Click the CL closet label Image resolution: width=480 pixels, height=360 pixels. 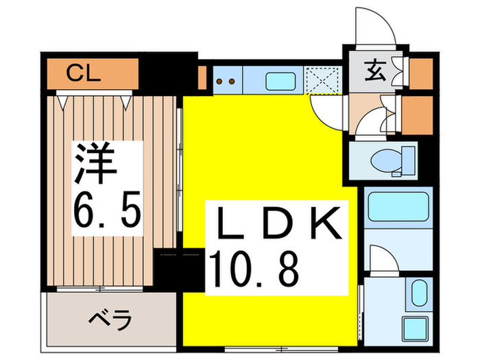pyautogui.click(x=84, y=74)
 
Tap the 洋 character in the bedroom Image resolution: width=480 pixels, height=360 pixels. pyautogui.click(x=95, y=163)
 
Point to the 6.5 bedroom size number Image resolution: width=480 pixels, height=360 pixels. pyautogui.click(x=108, y=209)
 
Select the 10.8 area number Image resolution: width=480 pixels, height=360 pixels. pyautogui.click(x=254, y=269)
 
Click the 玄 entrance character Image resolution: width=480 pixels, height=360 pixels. pyautogui.click(x=375, y=71)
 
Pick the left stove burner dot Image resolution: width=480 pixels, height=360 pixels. pyautogui.click(x=219, y=82)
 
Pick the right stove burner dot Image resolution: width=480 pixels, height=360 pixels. pyautogui.click(x=232, y=82)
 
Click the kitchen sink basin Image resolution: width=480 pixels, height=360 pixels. pyautogui.click(x=280, y=81)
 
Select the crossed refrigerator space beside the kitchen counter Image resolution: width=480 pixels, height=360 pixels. pyautogui.click(x=323, y=80)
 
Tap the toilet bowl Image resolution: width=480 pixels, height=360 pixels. pyautogui.click(x=386, y=160)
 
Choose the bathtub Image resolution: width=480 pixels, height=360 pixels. pyautogui.click(x=398, y=206)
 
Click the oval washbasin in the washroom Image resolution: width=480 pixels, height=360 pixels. pyautogui.click(x=419, y=293)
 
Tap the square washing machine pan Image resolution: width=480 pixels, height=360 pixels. pyautogui.click(x=415, y=328)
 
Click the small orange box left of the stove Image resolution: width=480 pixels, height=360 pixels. pyautogui.click(x=202, y=77)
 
